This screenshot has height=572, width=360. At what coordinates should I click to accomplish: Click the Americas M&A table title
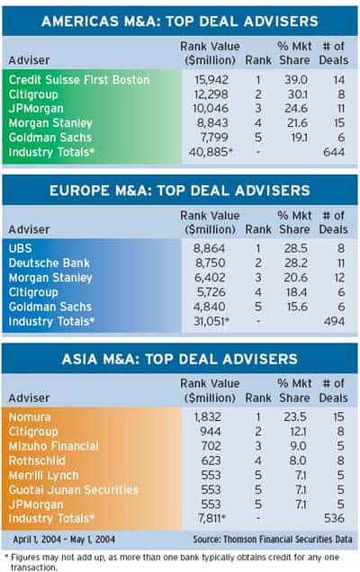tap(180, 22)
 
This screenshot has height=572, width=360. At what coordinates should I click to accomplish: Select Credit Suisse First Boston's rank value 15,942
tap(211, 79)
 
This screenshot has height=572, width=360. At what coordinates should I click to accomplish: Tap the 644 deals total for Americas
tap(334, 152)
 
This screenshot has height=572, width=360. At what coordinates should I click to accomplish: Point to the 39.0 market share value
tap(296, 79)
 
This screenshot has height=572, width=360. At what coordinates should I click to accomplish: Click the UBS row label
tap(21, 248)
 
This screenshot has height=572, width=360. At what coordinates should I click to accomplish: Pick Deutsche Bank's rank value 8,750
tap(210, 263)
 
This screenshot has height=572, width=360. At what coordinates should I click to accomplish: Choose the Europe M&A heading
tap(180, 191)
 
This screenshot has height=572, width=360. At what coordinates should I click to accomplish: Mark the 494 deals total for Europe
tap(334, 321)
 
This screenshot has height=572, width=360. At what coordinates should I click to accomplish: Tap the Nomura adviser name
tap(30, 417)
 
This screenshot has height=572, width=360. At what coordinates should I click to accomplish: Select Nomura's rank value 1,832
tap(207, 417)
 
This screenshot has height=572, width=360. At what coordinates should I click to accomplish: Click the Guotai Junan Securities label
tap(74, 490)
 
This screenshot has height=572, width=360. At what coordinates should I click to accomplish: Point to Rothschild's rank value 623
tap(211, 460)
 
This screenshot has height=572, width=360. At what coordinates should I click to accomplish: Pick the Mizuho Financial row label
tap(54, 446)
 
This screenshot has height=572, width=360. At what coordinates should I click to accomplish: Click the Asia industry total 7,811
tap(211, 518)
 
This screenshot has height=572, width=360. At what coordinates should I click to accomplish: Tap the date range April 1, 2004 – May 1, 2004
tap(64, 540)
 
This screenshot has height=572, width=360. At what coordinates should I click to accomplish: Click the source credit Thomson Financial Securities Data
tap(273, 540)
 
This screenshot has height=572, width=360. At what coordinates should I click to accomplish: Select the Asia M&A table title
tap(180, 359)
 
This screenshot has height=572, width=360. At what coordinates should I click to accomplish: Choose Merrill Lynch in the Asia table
tap(43, 476)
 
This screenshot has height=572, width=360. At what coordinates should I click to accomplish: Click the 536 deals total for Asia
tap(334, 518)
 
